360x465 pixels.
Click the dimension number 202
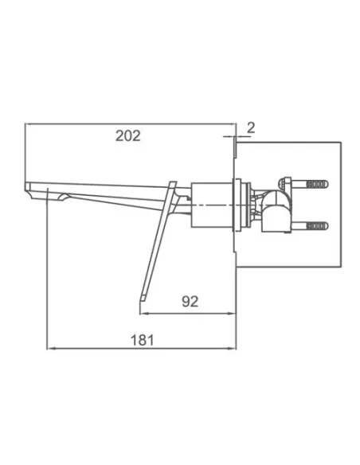coord(127,136)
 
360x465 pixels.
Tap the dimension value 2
coord(251,128)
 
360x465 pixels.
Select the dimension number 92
coord(190,301)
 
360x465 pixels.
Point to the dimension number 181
coord(143,340)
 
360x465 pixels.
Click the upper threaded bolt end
coord(317,184)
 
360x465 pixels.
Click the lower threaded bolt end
coord(317,226)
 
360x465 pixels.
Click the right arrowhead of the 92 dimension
coord(233,313)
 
